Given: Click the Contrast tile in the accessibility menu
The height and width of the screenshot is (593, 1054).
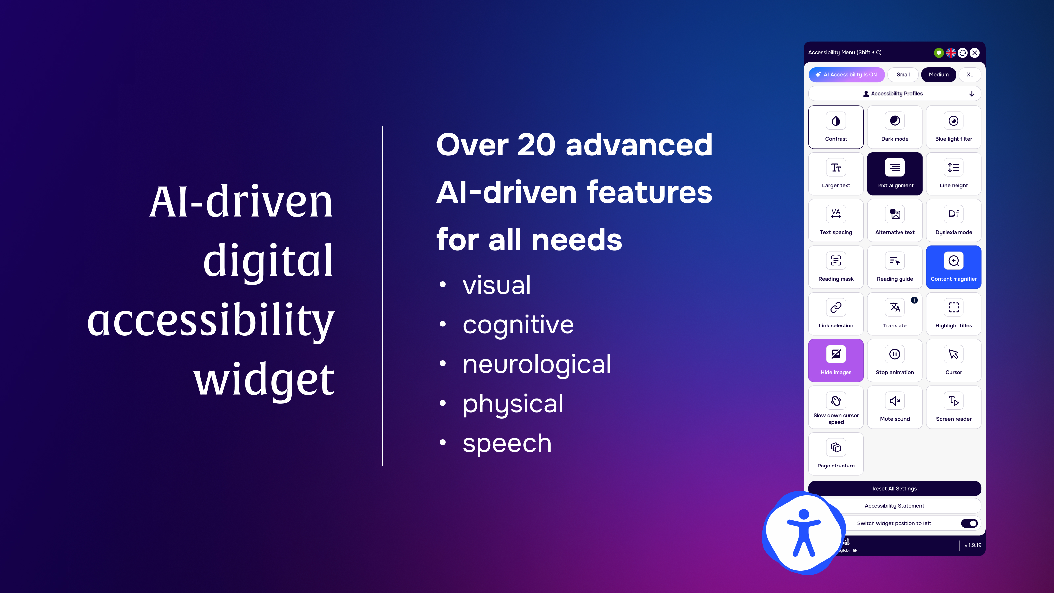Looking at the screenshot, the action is tap(836, 127).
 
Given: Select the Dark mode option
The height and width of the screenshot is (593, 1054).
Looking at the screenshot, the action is tap(895, 127).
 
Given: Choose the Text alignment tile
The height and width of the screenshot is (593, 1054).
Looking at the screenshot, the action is tap(895, 174).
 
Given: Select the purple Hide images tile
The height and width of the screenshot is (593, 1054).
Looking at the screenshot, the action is tap(836, 360).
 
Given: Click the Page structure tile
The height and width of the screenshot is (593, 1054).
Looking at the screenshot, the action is tap(836, 454).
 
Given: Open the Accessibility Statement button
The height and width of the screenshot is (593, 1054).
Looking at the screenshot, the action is tap(895, 506).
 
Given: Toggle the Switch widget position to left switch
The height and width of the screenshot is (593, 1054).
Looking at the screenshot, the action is tap(969, 523).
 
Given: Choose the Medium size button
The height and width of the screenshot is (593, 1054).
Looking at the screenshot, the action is tap(939, 75).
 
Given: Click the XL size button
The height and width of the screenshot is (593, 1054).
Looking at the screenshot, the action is tap(970, 75).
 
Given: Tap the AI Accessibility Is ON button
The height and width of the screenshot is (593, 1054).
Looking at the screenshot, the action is tap(846, 75).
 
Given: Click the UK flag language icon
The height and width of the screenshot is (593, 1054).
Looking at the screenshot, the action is tap(951, 53).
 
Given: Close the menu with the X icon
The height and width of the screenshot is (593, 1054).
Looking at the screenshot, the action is tap(975, 53).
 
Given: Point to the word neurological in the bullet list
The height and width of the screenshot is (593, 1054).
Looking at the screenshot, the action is tap(537, 364).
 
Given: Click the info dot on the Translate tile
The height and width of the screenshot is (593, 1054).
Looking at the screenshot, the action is tap(914, 300).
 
